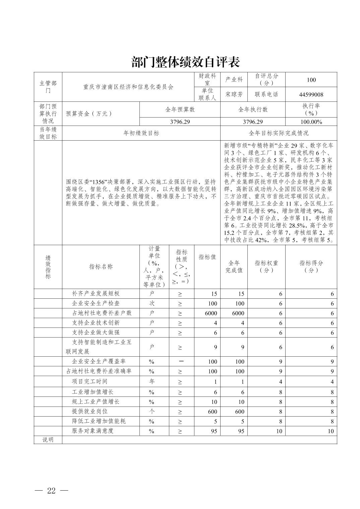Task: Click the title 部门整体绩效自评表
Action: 185,62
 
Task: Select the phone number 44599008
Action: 311,94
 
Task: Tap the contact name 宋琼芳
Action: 234,94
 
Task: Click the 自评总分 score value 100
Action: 311,80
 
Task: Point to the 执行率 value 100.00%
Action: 311,122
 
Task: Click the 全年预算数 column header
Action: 180,110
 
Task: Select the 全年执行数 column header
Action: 253,110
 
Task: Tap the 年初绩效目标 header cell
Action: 141,133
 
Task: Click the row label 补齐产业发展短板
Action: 96,293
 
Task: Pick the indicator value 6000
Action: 211,313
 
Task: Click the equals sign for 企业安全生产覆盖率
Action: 181,361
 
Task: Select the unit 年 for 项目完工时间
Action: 152,381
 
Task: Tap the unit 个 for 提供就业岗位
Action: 152,411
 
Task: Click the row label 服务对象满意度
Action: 93,431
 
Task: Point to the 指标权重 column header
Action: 266,267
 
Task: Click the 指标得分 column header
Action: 311,267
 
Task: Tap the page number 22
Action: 51,491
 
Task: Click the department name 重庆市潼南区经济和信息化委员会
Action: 128,87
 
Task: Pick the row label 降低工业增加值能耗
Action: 99,421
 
